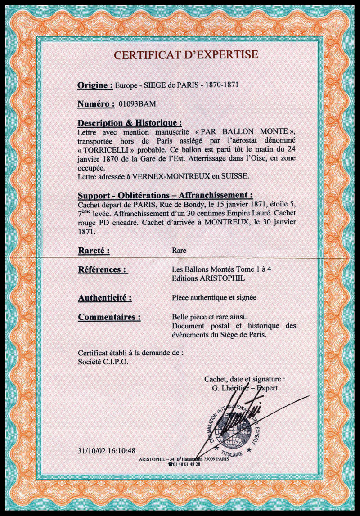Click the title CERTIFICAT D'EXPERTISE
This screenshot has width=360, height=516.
pos(186,55)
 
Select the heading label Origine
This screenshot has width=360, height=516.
pos(95,85)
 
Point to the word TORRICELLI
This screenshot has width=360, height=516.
pos(103,148)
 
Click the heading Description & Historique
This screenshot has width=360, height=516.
pos(130,123)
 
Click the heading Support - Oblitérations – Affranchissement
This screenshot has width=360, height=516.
pos(165,196)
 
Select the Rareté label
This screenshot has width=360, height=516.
pos(94,251)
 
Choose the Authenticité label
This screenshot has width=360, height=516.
pos(105,297)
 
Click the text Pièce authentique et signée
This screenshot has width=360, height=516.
pos(215,297)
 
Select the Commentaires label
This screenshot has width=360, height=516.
pos(109,317)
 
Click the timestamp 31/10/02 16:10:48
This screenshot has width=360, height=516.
pos(106,450)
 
